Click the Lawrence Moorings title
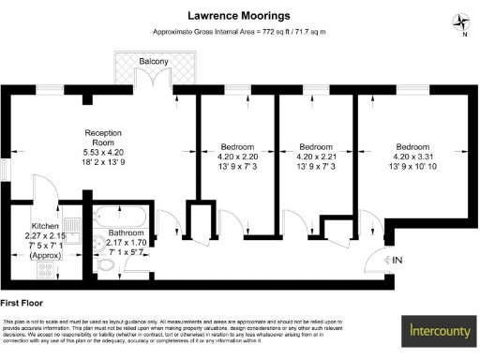point(239,16)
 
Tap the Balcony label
point(155,62)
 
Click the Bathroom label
point(126,232)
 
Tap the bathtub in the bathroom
point(124,215)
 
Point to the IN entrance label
point(397,260)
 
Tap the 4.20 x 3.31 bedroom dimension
point(413,157)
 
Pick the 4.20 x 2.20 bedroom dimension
point(239,157)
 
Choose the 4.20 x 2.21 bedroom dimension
point(317,157)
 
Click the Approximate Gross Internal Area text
point(239,33)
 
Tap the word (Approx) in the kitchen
point(45,254)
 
